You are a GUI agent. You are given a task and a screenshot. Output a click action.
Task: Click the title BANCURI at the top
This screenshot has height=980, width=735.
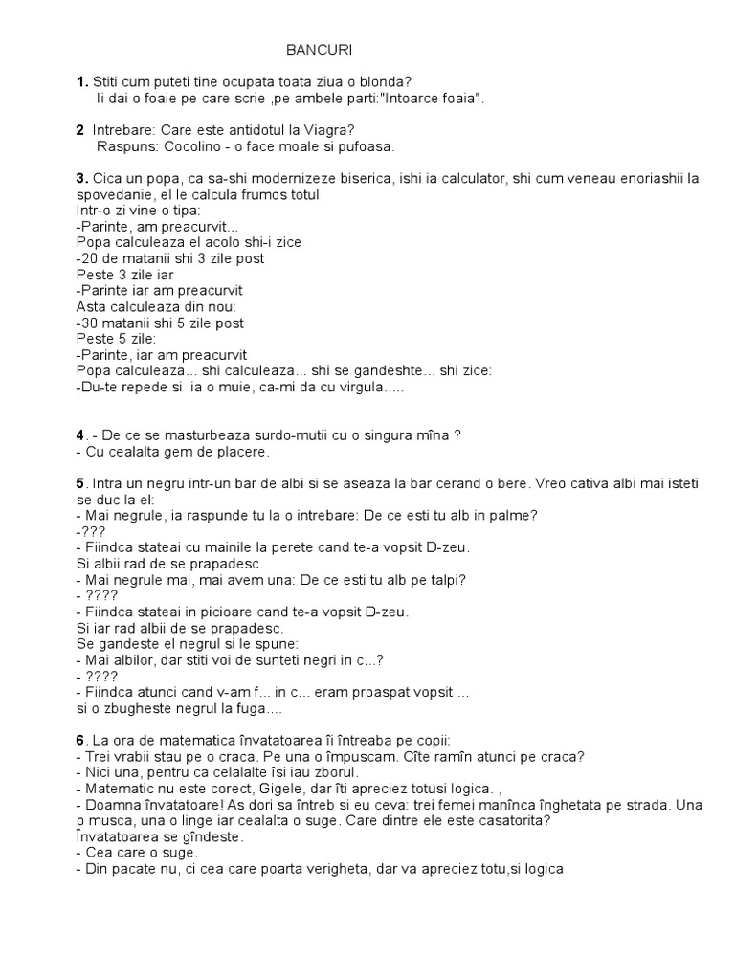pyautogui.click(x=313, y=50)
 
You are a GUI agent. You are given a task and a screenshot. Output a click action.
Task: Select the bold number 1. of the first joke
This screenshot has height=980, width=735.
pyautogui.click(x=81, y=82)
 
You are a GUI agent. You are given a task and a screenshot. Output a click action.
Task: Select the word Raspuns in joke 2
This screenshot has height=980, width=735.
pyautogui.click(x=123, y=146)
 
